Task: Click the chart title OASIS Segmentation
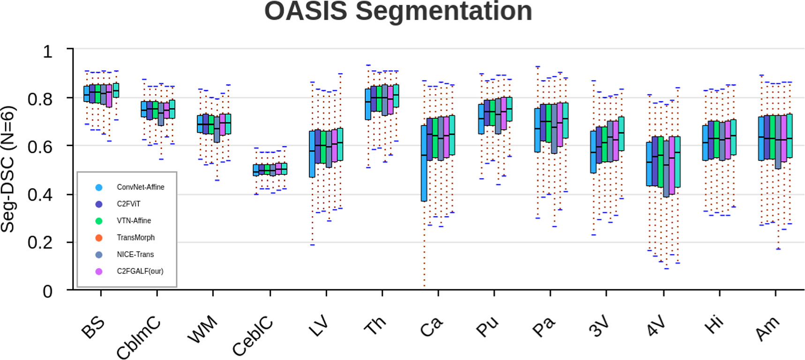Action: pyautogui.click(x=398, y=11)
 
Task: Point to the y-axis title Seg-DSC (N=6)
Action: pyautogui.click(x=8, y=169)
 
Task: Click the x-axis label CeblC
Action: pyautogui.click(x=252, y=336)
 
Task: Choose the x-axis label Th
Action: pyautogui.click(x=375, y=325)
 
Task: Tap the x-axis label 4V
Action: pyautogui.click(x=655, y=326)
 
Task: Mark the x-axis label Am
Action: pyautogui.click(x=767, y=328)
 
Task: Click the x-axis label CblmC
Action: pyautogui.click(x=138, y=337)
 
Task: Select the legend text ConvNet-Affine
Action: pyautogui.click(x=141, y=187)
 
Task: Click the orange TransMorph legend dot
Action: pyautogui.click(x=99, y=238)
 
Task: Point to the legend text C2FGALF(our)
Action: pyautogui.click(x=140, y=271)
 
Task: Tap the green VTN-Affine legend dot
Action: pyautogui.click(x=99, y=221)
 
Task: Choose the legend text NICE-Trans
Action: pyautogui.click(x=135, y=255)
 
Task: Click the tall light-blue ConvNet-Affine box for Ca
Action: pyautogui.click(x=424, y=163)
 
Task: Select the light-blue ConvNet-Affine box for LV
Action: pyautogui.click(x=312, y=154)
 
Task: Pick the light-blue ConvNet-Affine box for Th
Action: pyautogui.click(x=368, y=104)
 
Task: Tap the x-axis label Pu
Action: pyautogui.click(x=487, y=326)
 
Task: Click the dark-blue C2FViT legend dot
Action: pyautogui.click(x=99, y=204)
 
